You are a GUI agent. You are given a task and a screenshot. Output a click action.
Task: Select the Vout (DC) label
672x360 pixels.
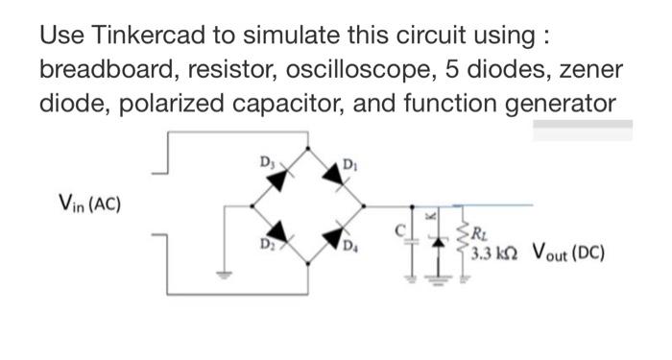(564, 256)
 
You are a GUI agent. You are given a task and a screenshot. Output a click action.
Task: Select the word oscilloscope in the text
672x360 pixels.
(369, 71)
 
